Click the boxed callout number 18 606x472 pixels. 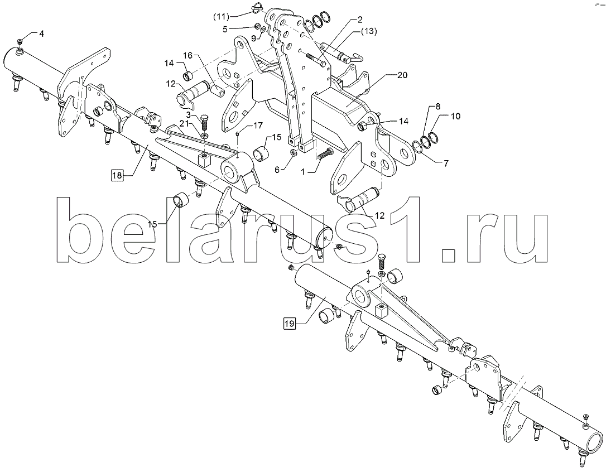pyautogui.click(x=117, y=176)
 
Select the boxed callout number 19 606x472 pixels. pyautogui.click(x=290, y=323)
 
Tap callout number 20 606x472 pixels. pyautogui.click(x=402, y=75)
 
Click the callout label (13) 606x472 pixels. pyautogui.click(x=369, y=31)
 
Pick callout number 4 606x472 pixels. pyautogui.click(x=41, y=33)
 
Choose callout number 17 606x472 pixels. pyautogui.click(x=258, y=125)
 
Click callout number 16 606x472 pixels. pyautogui.click(x=187, y=55)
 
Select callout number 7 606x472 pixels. pyautogui.click(x=446, y=163)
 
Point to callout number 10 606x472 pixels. pyautogui.click(x=456, y=116)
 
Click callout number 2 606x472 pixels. pyautogui.click(x=359, y=19)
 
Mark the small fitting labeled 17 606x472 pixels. pyautogui.click(x=238, y=133)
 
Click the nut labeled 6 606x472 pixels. pyautogui.click(x=294, y=153)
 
